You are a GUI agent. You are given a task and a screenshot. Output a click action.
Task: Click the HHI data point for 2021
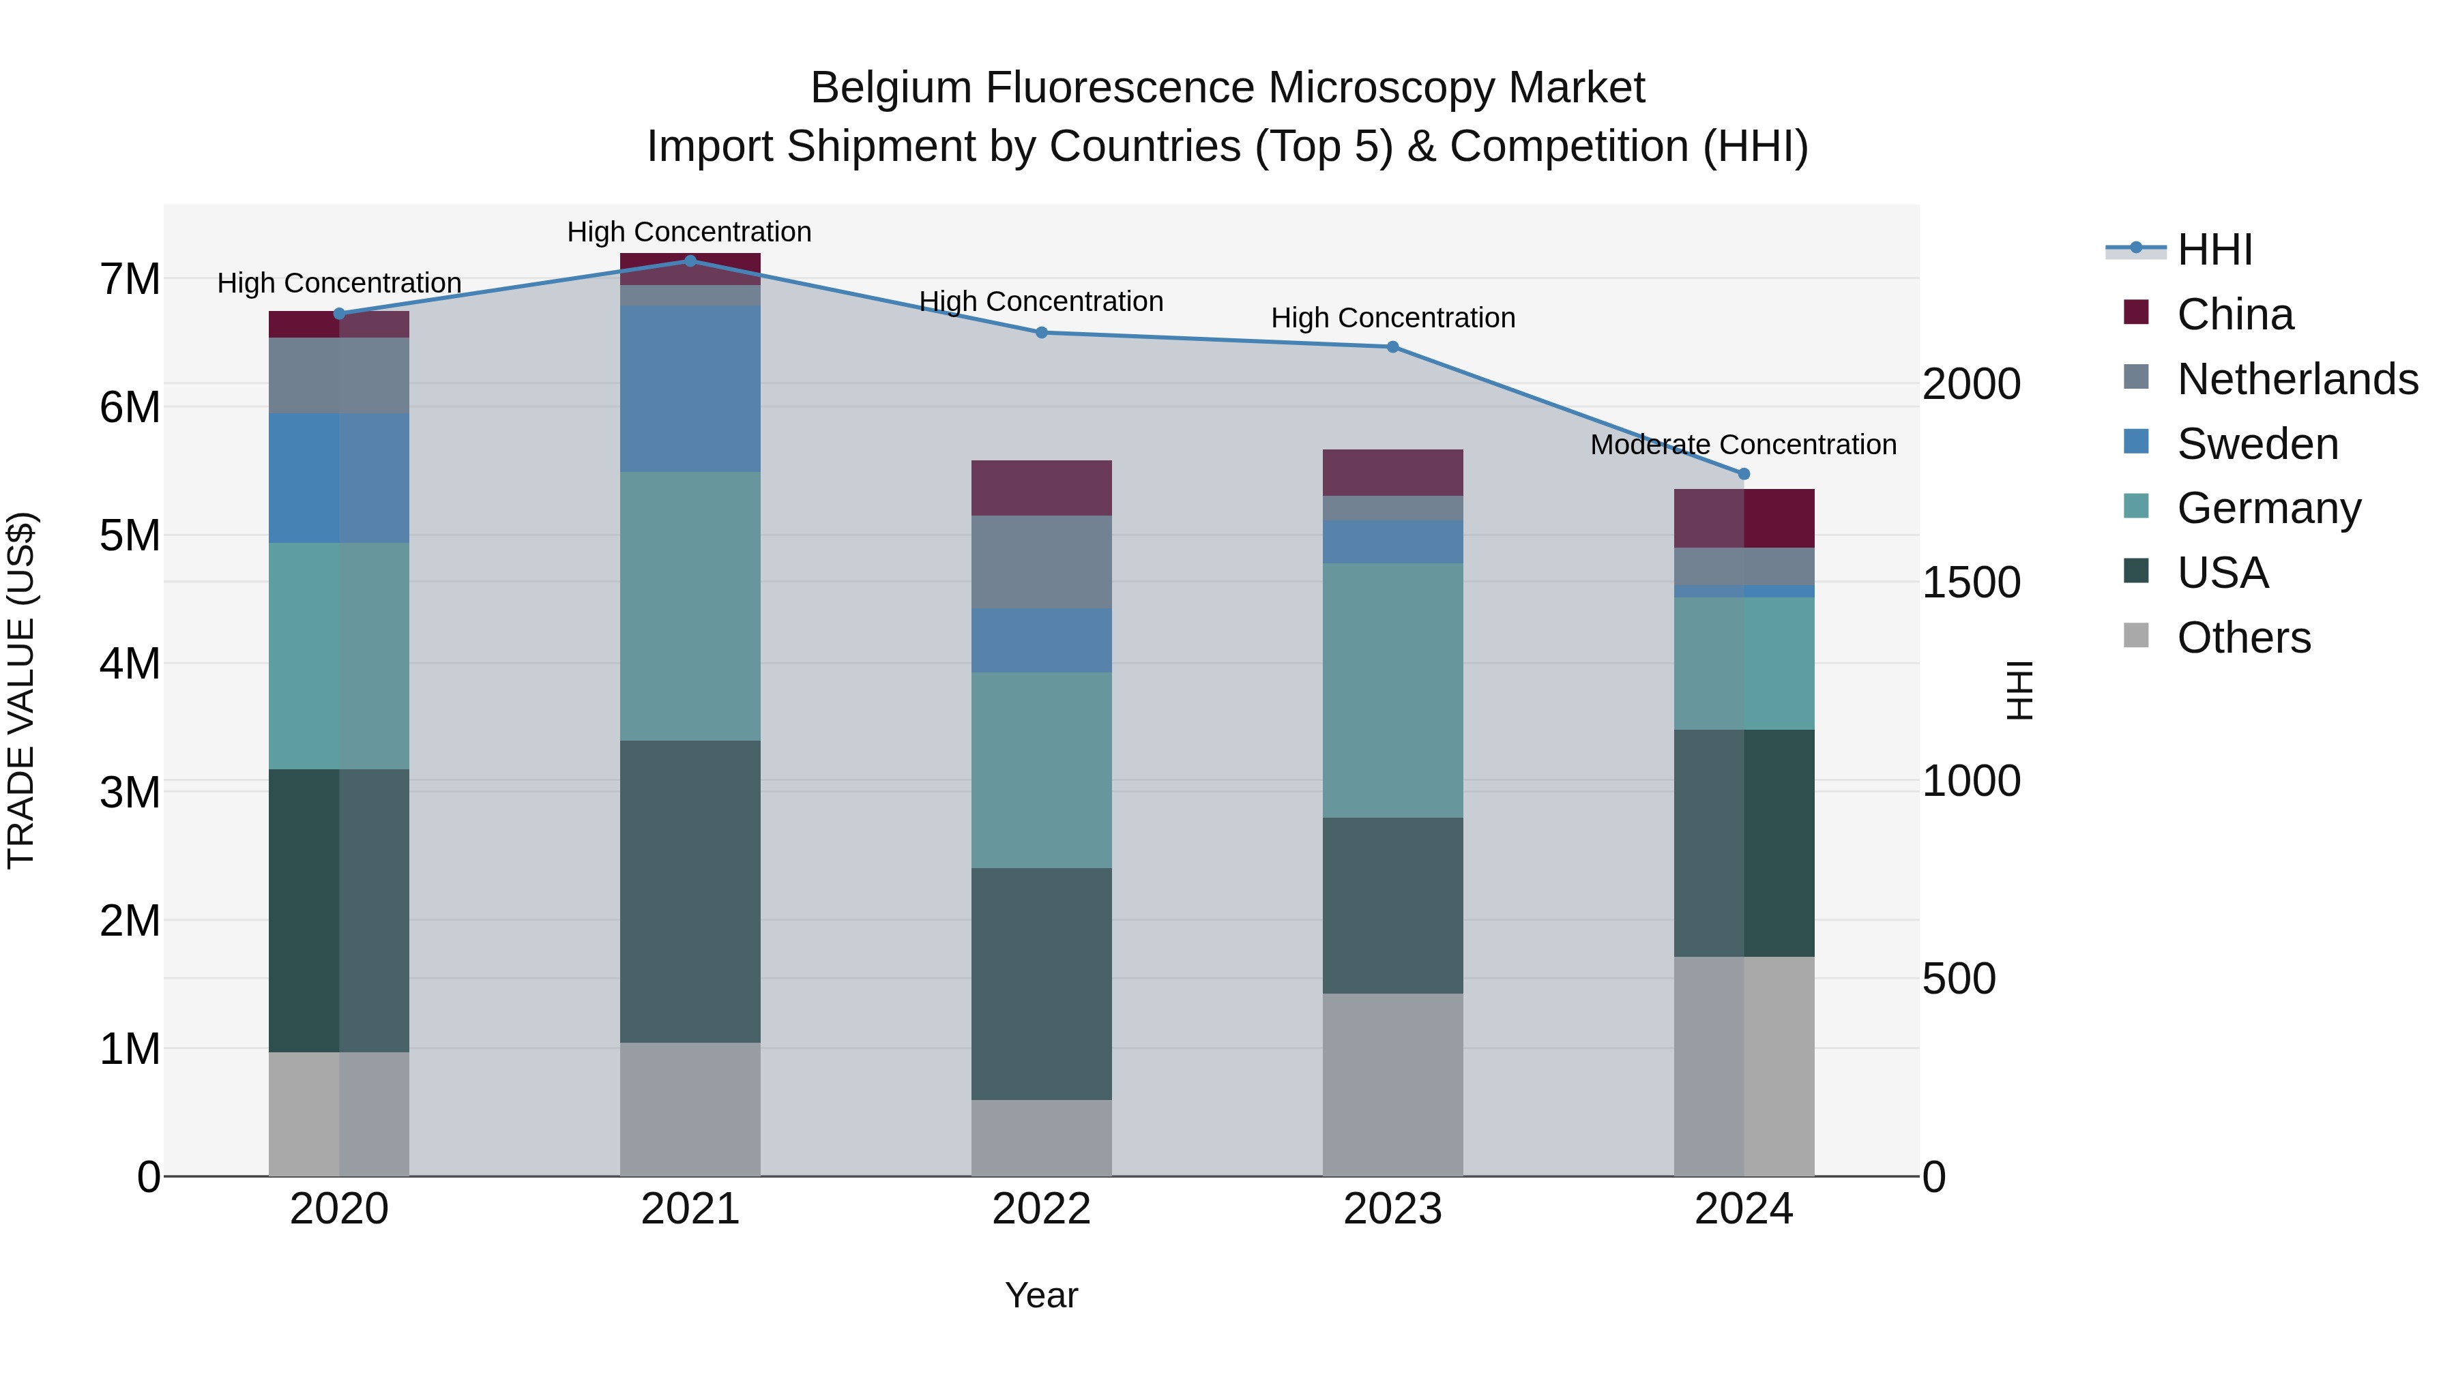(x=690, y=261)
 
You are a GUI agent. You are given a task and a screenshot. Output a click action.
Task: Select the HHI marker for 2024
(x=1744, y=474)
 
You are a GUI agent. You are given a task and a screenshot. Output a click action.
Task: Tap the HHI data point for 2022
(x=1041, y=333)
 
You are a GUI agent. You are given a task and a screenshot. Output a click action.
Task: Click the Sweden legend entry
(x=2257, y=444)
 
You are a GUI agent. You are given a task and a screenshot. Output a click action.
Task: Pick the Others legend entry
(x=2243, y=638)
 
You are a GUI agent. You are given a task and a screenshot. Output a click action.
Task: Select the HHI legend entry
(x=2214, y=250)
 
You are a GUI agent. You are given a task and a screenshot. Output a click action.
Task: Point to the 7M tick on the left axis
(x=130, y=280)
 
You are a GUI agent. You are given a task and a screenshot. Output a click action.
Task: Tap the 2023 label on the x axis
(x=1392, y=1209)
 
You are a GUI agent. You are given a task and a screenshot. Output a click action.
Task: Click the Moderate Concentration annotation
(x=1743, y=445)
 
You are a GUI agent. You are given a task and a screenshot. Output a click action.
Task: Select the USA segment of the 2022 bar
(x=1041, y=983)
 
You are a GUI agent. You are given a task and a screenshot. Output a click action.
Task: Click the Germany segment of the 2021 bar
(x=690, y=606)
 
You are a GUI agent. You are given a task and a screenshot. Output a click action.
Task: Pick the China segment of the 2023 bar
(x=1392, y=473)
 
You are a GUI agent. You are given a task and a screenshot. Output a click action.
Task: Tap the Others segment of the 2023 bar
(x=1392, y=1084)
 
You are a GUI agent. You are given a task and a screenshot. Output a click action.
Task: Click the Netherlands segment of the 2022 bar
(x=1041, y=563)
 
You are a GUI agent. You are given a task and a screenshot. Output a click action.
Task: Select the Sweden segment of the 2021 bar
(x=690, y=389)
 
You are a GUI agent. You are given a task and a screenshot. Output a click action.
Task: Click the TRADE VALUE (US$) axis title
(x=21, y=690)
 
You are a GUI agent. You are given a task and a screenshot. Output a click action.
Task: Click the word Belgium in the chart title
(x=890, y=89)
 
